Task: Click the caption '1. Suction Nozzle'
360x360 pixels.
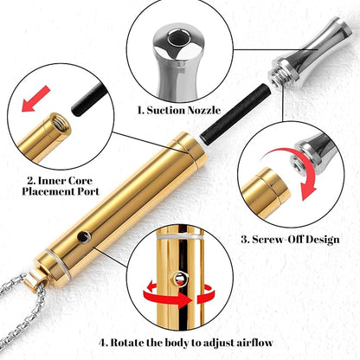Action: tap(179, 110)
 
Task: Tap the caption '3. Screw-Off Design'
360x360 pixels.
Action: tap(290, 239)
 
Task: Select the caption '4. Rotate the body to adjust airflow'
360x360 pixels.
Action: tap(186, 343)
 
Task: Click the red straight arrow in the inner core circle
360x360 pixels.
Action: tap(36, 99)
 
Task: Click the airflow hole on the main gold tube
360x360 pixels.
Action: tap(84, 236)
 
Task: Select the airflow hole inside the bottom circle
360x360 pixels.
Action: tap(180, 278)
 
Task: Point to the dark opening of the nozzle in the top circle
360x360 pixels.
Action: tap(179, 37)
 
